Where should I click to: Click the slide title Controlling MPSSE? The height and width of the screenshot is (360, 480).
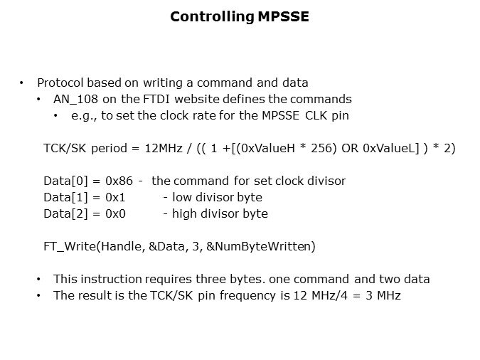(240, 16)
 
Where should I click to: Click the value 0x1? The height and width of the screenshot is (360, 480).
(116, 197)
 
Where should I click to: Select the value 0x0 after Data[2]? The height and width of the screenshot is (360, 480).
(116, 213)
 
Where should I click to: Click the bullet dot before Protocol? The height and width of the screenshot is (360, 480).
(22, 83)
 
